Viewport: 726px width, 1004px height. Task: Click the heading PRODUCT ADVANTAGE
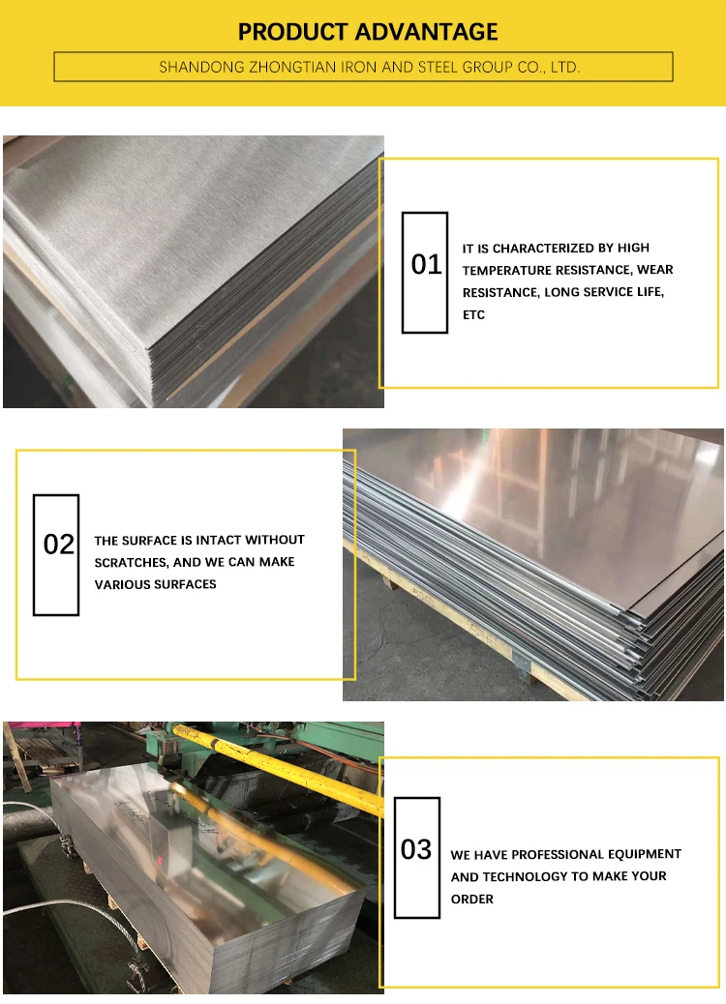(368, 32)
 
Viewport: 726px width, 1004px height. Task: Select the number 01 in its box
(426, 264)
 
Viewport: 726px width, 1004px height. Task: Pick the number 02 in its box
(59, 545)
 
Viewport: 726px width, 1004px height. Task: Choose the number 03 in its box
(416, 850)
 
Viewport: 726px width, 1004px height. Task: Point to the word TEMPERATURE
(521, 271)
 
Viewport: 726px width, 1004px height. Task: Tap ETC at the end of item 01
(473, 315)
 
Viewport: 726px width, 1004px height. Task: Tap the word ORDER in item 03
(471, 900)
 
